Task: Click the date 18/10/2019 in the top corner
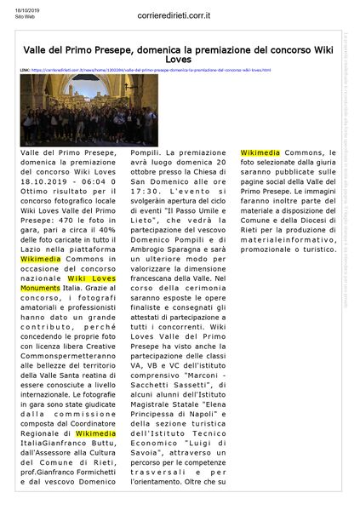click(x=14, y=9)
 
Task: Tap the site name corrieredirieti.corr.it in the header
click(x=180, y=15)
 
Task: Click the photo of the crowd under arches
click(x=65, y=110)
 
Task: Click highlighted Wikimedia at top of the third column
click(x=260, y=154)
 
